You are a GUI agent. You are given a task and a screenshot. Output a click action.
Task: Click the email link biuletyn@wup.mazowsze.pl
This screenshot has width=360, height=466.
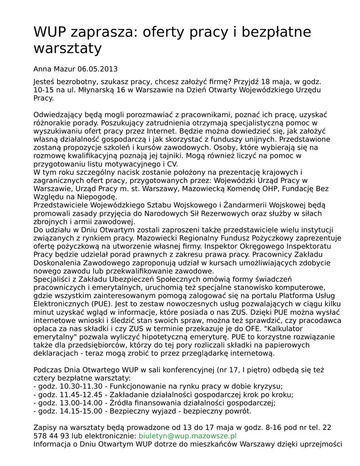(x=188, y=436)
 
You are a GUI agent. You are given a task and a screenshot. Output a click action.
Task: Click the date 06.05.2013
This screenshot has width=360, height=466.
(x=97, y=69)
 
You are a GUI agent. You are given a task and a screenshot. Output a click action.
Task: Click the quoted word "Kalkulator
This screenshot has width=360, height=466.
(x=294, y=329)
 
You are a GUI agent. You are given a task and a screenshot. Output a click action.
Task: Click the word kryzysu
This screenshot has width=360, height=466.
(x=269, y=386)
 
